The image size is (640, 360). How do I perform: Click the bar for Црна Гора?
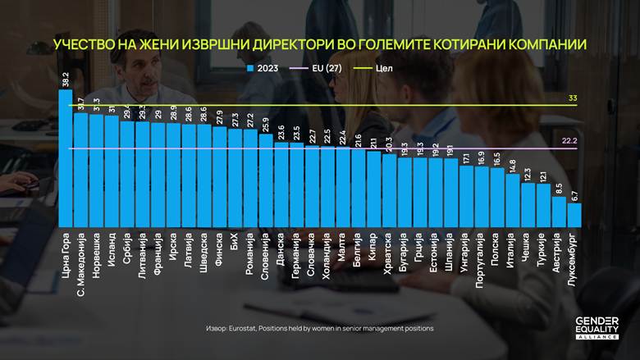[66, 156]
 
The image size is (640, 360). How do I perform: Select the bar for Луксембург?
[574, 213]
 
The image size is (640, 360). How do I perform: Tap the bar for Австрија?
[559, 209]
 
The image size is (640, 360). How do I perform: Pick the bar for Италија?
[512, 198]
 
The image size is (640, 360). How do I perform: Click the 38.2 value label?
[66, 80]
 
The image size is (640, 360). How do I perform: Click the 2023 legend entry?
[263, 68]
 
